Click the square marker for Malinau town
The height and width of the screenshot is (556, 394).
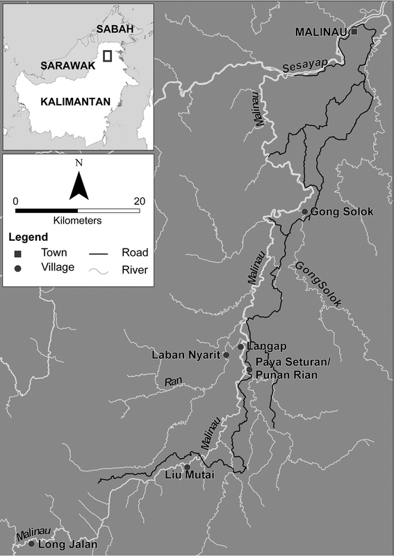(x=354, y=32)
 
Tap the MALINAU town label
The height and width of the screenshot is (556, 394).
(x=322, y=32)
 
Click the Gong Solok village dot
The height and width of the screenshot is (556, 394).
(x=304, y=211)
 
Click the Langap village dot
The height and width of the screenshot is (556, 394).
(x=240, y=346)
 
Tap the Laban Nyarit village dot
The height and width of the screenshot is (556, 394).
(x=226, y=355)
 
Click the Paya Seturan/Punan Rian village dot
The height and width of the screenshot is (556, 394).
(x=249, y=369)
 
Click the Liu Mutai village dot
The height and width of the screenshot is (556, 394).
(x=186, y=466)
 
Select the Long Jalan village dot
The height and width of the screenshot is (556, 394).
(x=31, y=543)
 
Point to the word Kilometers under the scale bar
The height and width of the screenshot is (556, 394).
(x=77, y=221)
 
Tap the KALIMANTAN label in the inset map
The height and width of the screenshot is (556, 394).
(x=76, y=101)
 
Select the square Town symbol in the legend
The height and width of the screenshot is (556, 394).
(x=17, y=254)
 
